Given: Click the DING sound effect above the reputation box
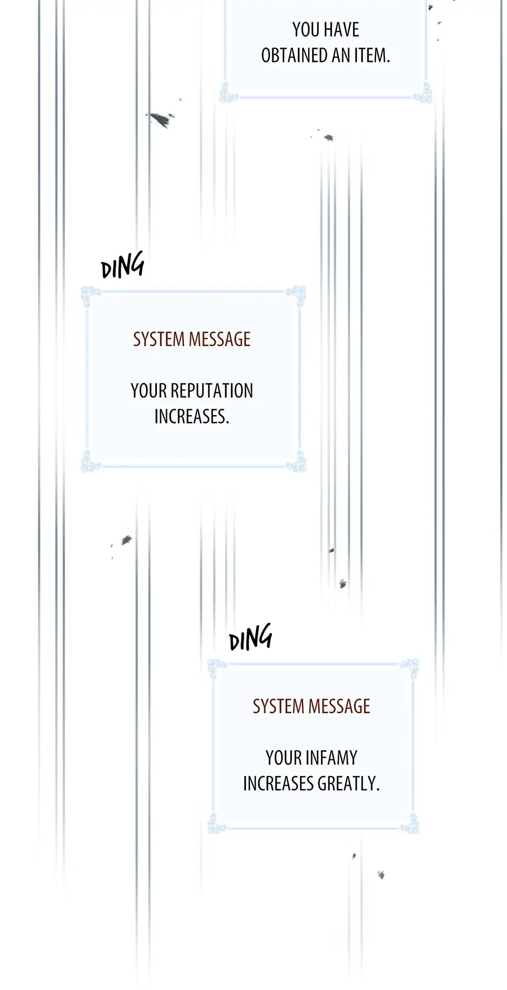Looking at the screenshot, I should coord(122,265).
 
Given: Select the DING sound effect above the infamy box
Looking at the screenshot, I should coord(250,638).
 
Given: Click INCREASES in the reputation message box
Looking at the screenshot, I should coord(191,416).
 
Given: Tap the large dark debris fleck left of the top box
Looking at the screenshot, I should coord(160,119).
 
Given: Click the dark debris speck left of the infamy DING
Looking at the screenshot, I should coord(126,540).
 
